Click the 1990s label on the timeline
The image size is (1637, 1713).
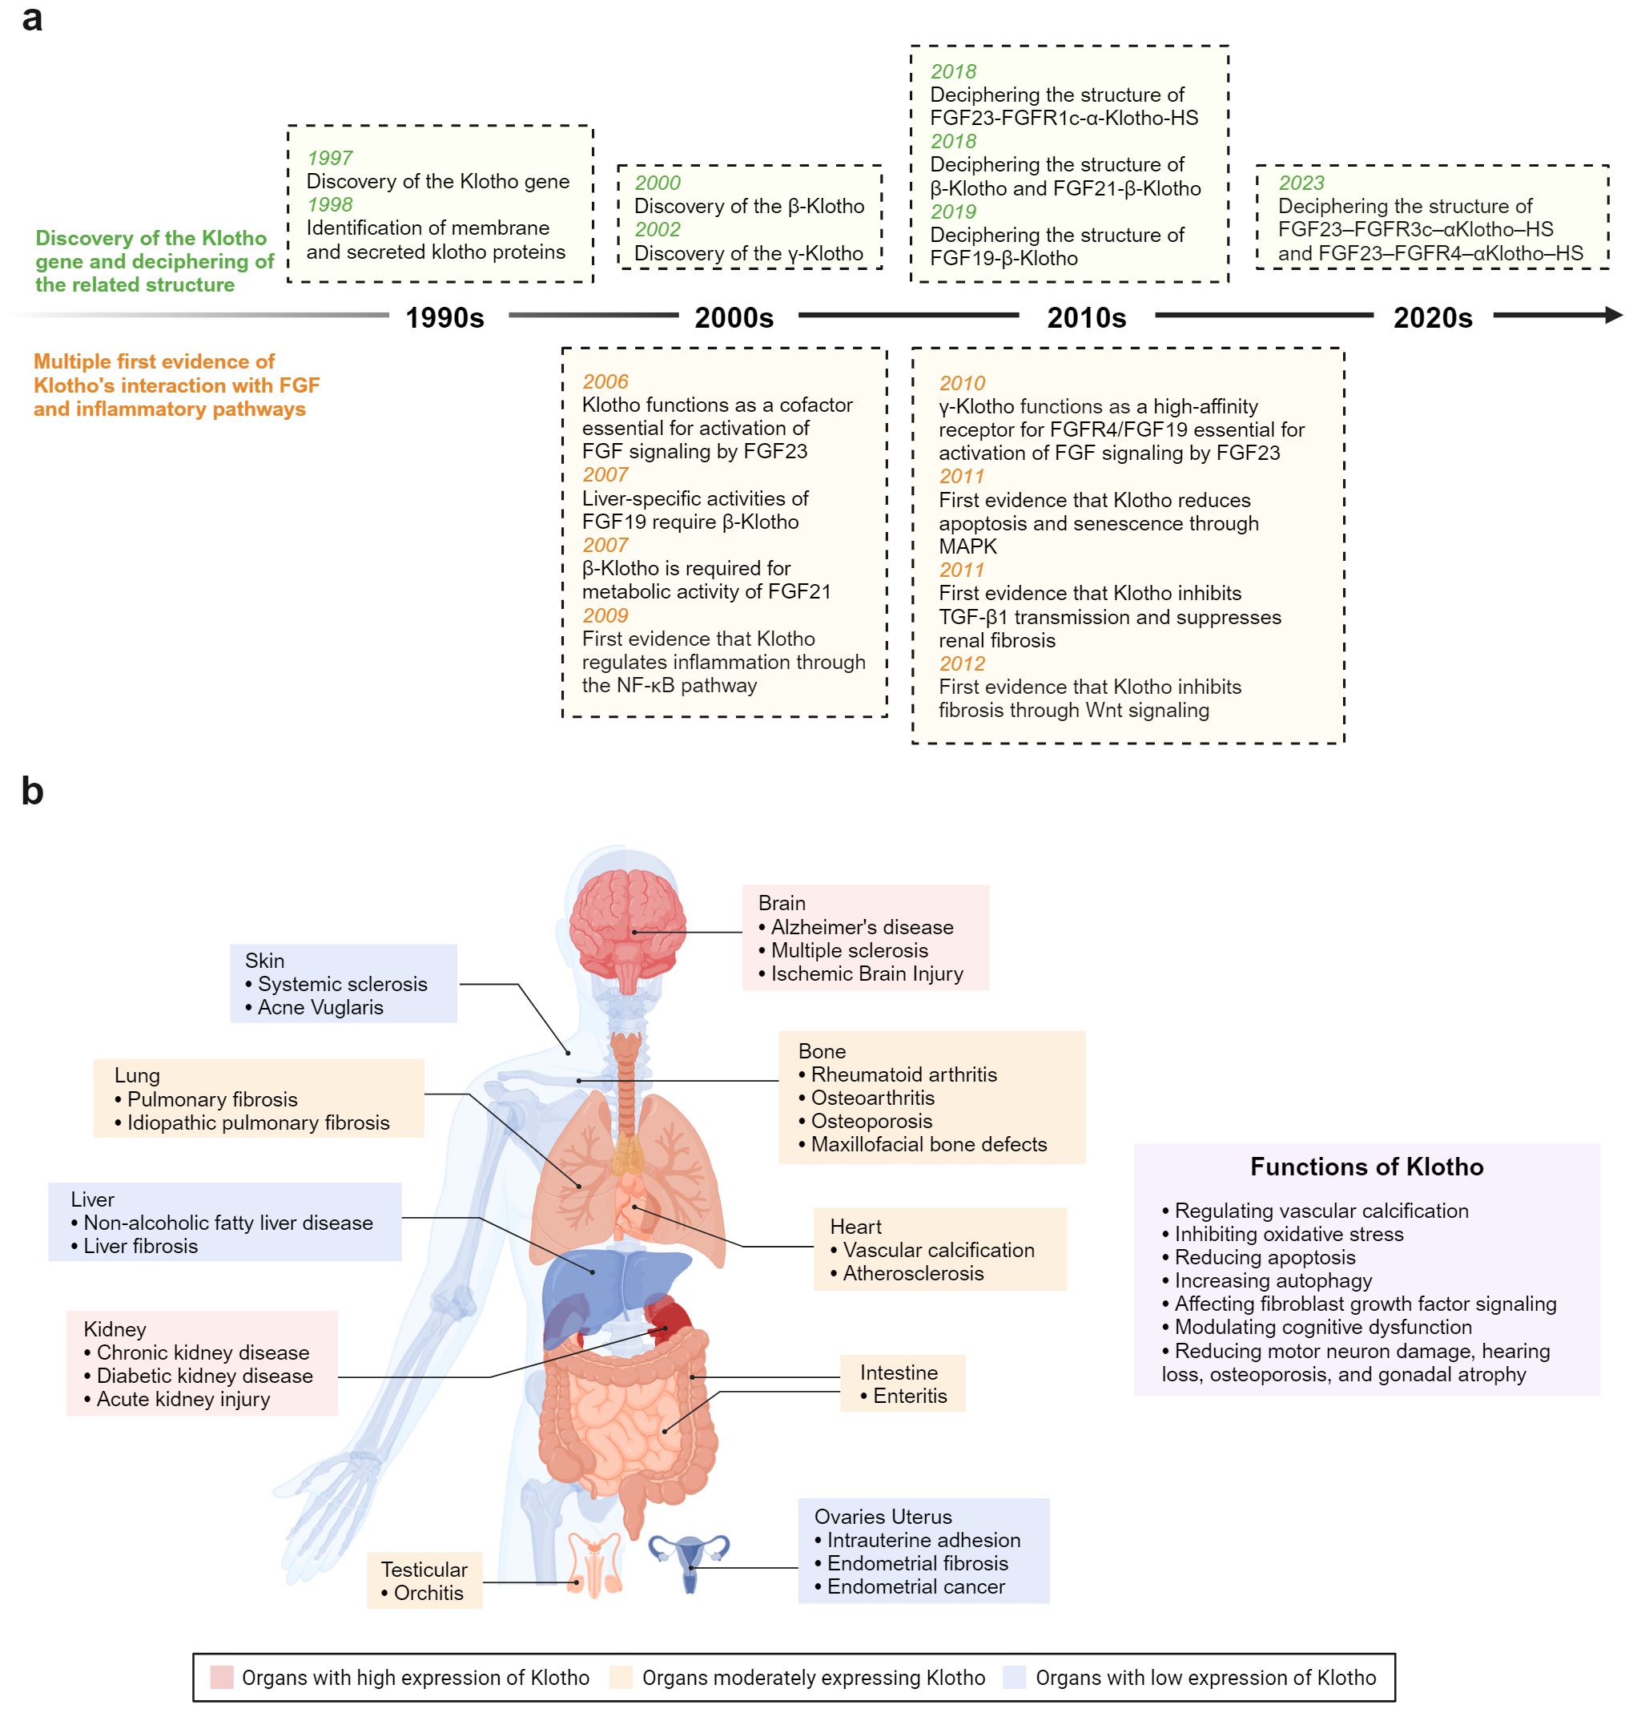444,318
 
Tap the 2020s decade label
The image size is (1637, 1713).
1432,318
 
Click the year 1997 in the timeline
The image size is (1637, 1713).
330,158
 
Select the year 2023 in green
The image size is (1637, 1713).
1301,183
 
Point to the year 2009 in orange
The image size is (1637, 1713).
605,615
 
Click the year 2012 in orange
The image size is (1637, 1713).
962,663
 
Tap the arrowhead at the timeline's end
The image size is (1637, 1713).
1614,315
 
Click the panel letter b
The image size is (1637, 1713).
32,791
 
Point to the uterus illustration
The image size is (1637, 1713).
690,1559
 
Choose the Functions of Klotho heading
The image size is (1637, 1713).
1366,1167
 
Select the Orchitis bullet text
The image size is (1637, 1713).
428,1593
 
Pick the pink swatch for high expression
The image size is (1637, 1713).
222,1677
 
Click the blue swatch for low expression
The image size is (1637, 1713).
1014,1677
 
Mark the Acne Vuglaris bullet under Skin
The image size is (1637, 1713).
320,1008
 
